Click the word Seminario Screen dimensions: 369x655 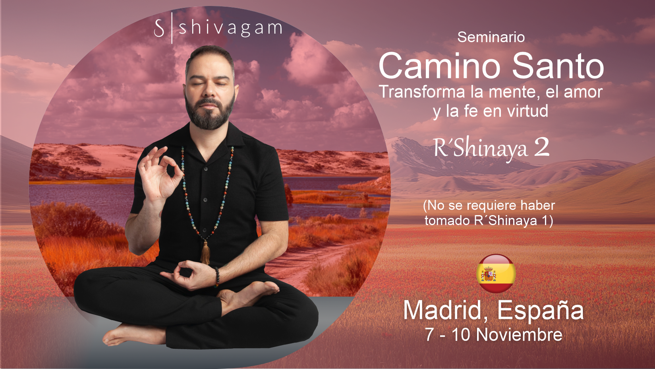click(x=491, y=37)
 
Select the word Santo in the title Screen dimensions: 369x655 click(x=558, y=66)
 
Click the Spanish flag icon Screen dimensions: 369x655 click(x=496, y=274)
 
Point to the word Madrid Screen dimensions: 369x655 click(x=442, y=310)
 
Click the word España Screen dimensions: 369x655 click(x=540, y=310)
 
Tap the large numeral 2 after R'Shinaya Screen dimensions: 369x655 click(x=542, y=148)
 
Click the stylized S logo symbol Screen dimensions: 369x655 click(x=159, y=28)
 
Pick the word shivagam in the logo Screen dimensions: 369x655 click(x=230, y=28)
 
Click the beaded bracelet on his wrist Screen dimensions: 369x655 click(x=217, y=277)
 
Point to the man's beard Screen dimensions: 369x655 click(x=209, y=114)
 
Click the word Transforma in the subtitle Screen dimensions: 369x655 click(x=422, y=92)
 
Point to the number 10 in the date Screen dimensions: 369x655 click(x=461, y=335)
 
